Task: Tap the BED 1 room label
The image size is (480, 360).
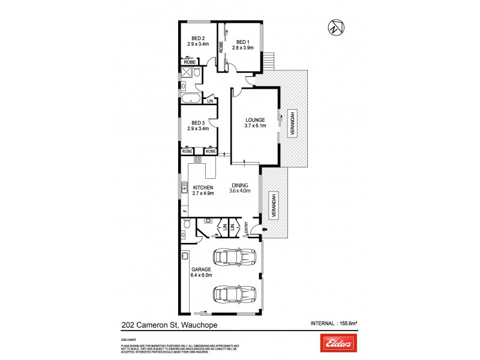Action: (241, 41)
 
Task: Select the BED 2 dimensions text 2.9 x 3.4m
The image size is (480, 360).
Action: (198, 44)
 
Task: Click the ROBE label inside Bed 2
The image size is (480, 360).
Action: (190, 62)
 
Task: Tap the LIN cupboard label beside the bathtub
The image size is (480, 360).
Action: (210, 101)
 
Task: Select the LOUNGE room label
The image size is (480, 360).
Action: (254, 120)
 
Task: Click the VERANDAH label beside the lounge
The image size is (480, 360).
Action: (293, 125)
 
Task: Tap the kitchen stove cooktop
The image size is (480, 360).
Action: (197, 160)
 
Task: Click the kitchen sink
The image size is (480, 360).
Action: (185, 191)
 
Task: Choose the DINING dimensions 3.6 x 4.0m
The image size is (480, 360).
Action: (239, 191)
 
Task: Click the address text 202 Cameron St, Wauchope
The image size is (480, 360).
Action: (167, 325)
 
